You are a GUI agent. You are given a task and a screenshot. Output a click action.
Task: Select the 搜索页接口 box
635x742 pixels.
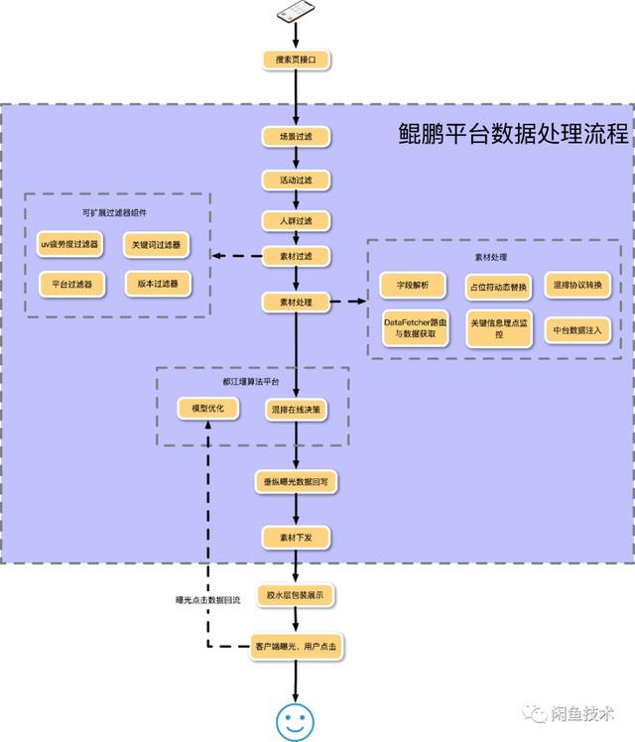click(x=295, y=60)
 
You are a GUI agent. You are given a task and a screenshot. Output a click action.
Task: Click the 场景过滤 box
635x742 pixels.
click(x=295, y=136)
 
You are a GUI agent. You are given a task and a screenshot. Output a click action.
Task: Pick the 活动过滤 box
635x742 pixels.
click(x=295, y=180)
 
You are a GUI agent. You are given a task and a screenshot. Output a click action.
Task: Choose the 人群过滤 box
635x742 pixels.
click(x=295, y=220)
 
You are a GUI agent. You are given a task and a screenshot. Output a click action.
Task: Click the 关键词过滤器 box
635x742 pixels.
click(x=157, y=244)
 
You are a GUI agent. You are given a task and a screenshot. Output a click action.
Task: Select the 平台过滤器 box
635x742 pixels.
click(x=71, y=284)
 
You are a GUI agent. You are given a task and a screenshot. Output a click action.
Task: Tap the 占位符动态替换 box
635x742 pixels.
click(x=499, y=286)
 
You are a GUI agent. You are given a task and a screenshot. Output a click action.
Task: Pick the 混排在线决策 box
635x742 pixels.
click(x=295, y=408)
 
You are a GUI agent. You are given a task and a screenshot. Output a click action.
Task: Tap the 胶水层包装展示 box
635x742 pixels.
click(x=295, y=595)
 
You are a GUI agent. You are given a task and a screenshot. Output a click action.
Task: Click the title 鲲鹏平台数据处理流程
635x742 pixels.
click(x=509, y=134)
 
